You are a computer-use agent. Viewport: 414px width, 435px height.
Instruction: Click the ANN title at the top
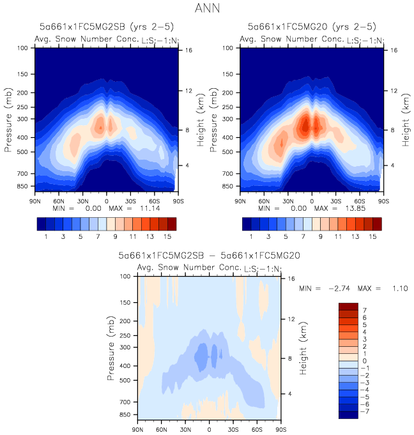tap(206, 9)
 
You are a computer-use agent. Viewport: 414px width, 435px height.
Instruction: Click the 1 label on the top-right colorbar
tap(251, 236)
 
